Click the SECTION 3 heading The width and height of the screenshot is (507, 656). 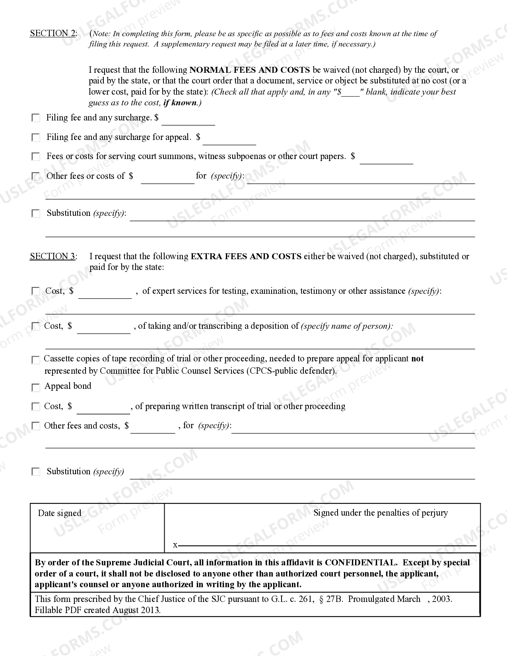pos(52,256)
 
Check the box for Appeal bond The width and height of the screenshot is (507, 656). pos(36,387)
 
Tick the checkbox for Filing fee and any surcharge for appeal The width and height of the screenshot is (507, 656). pos(36,138)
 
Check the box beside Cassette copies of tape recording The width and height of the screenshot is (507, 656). pos(36,360)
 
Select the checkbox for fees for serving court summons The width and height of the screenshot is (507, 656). pos(36,157)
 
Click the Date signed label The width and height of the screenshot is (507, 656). pos(60,513)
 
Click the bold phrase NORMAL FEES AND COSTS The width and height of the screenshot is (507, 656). pos(250,70)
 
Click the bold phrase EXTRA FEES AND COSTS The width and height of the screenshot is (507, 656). pos(246,256)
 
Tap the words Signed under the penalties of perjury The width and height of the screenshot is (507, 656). pos(381,513)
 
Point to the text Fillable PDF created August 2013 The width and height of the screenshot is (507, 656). pos(98,610)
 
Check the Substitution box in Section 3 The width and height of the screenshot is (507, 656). pos(36,472)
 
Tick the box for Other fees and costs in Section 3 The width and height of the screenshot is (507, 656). pos(36,426)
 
